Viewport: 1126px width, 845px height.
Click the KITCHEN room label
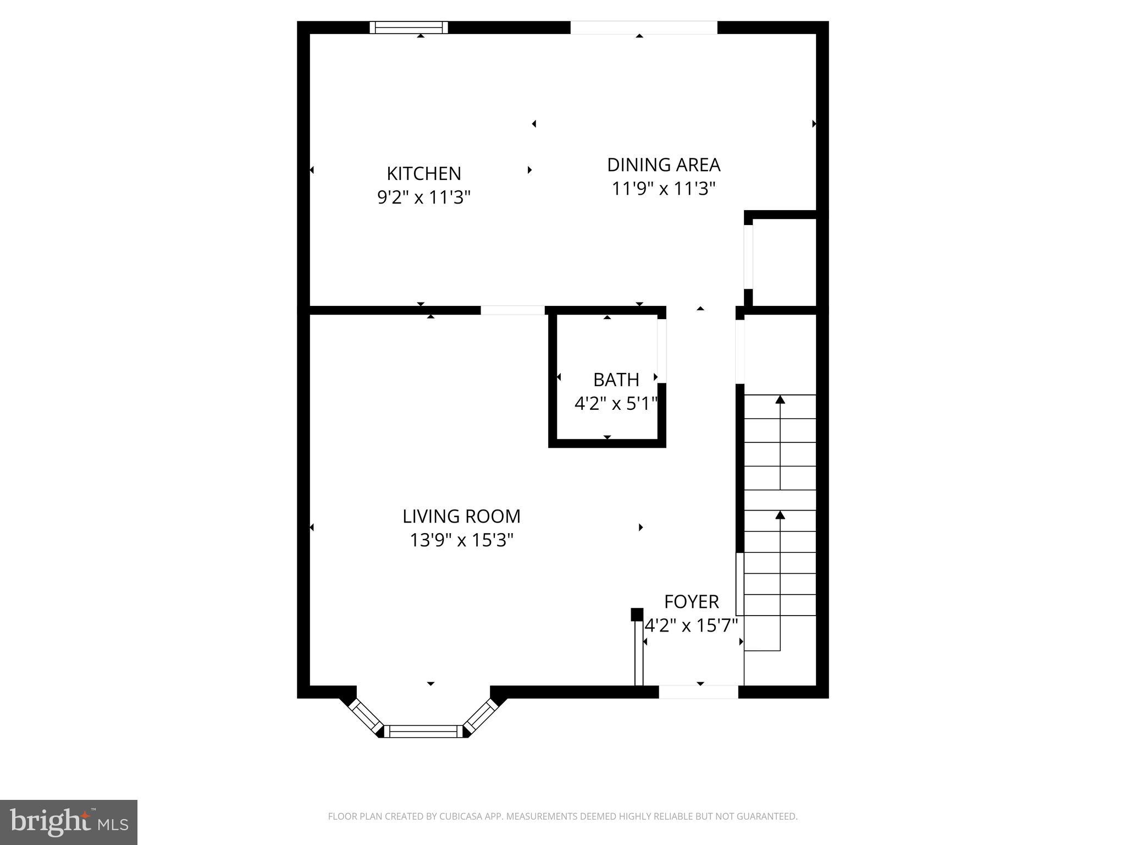pyautogui.click(x=423, y=173)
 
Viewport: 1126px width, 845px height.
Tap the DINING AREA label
pyautogui.click(x=663, y=164)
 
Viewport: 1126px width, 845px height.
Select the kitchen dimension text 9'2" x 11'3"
pyautogui.click(x=423, y=197)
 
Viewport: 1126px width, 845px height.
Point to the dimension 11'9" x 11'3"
pyautogui.click(x=663, y=189)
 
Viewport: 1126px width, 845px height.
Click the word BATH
pyautogui.click(x=616, y=380)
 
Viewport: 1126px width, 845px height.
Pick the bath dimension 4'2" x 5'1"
pyautogui.click(x=616, y=404)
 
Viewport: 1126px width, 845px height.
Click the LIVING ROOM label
pyautogui.click(x=461, y=516)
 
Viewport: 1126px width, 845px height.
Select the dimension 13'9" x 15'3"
pyautogui.click(x=461, y=540)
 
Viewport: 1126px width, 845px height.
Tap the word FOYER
pyautogui.click(x=691, y=601)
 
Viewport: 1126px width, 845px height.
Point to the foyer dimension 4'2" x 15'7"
pyautogui.click(x=691, y=625)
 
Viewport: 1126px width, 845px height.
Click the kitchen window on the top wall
pyautogui.click(x=409, y=28)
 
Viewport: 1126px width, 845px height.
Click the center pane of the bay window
pyautogui.click(x=423, y=731)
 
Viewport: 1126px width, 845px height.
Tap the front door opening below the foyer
pyautogui.click(x=698, y=692)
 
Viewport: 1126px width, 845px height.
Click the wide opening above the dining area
pyautogui.click(x=643, y=28)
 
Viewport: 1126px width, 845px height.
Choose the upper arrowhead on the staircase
pyautogui.click(x=780, y=399)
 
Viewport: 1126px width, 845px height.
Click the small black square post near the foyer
pyautogui.click(x=637, y=614)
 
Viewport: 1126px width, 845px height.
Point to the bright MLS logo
pyautogui.click(x=68, y=822)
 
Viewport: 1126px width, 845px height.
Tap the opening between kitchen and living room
pyautogui.click(x=512, y=310)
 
